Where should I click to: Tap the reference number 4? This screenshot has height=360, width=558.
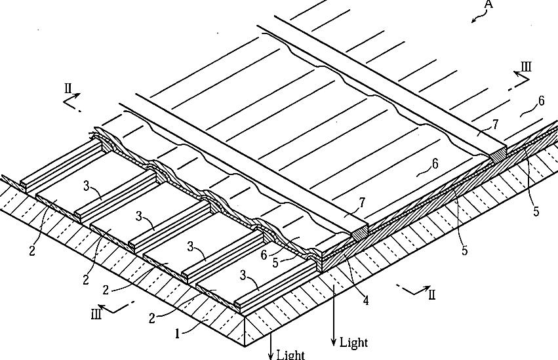365,301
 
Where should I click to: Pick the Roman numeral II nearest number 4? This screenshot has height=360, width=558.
431,294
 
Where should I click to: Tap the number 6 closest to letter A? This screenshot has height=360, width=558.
540,100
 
